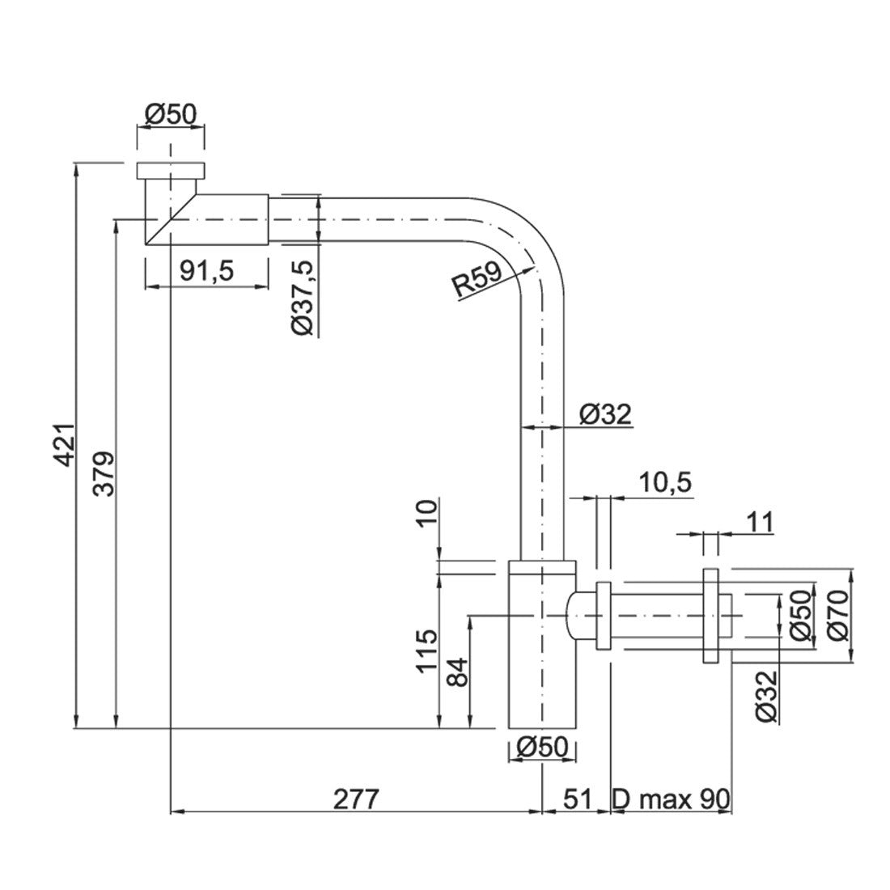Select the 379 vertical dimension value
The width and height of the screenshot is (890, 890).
[x=104, y=474]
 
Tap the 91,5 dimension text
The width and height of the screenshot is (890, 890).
[x=206, y=271]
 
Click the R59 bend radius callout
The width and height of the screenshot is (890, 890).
[x=478, y=278]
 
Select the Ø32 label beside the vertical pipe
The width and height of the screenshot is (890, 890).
[x=605, y=414]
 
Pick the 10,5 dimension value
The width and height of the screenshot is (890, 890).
[x=665, y=483]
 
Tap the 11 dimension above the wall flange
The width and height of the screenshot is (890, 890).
[x=761, y=522]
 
